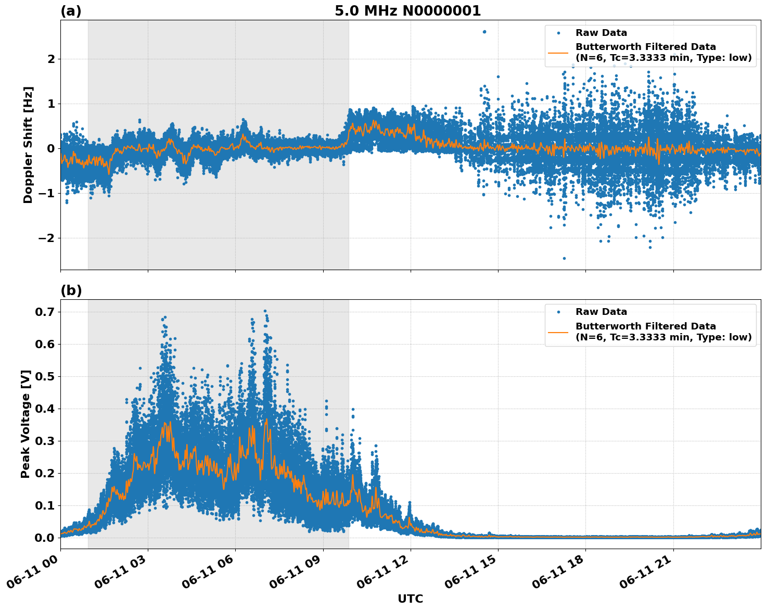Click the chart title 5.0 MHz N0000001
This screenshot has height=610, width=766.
click(407, 11)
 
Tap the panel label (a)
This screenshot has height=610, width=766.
click(71, 11)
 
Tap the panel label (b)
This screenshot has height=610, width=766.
click(71, 290)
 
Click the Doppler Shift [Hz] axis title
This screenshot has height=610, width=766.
click(28, 145)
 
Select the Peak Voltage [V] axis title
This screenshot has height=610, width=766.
click(25, 424)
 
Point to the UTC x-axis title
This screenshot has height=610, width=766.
click(410, 599)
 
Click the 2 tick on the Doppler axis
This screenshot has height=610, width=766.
click(51, 59)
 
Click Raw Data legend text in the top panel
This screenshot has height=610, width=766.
click(601, 33)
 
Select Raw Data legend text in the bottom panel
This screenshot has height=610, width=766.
click(601, 312)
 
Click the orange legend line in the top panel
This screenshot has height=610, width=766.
click(558, 53)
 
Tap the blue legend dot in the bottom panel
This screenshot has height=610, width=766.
click(558, 312)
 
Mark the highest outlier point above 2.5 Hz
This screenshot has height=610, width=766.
click(484, 32)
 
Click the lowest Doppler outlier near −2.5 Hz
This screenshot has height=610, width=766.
click(564, 258)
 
